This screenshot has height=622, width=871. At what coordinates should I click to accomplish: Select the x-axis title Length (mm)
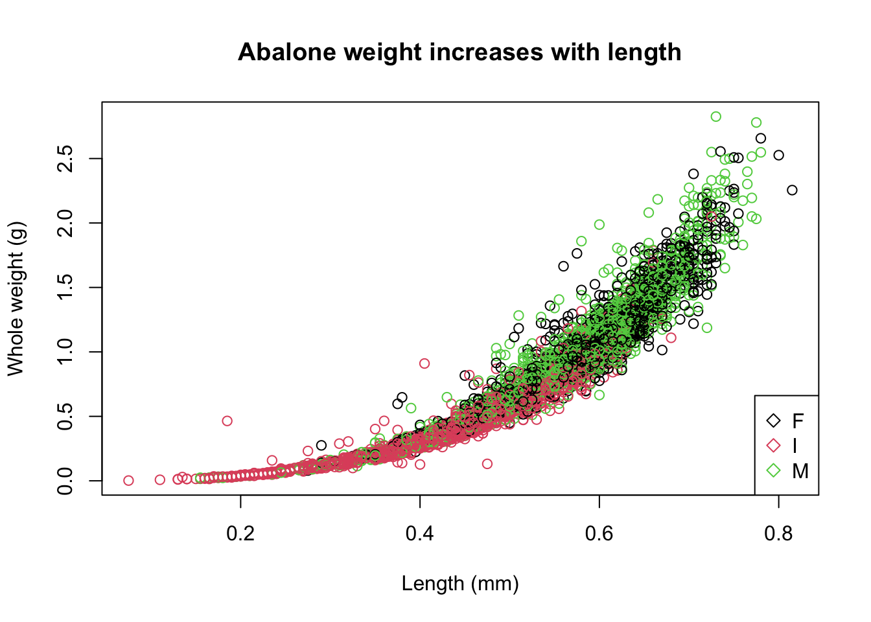coord(460,584)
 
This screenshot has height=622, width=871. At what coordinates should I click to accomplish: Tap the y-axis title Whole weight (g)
coord(16,298)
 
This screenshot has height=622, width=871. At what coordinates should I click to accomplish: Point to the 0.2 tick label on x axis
coord(240,533)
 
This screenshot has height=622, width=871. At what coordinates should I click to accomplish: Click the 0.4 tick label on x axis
coord(420,533)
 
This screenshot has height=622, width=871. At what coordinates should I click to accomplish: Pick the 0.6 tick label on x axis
coord(599,533)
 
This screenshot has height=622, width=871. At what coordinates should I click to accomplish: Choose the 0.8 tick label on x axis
coord(778,533)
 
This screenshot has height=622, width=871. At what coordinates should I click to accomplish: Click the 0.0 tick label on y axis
coord(65,481)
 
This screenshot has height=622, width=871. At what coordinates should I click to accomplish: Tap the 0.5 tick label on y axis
coord(65,417)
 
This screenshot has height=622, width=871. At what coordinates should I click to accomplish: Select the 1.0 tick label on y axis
coord(65,352)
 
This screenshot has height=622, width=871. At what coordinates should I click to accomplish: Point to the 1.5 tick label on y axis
coord(65,288)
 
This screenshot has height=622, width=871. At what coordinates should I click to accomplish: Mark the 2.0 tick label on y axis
coord(65,223)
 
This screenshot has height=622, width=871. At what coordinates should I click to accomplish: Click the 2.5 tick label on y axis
coord(65,159)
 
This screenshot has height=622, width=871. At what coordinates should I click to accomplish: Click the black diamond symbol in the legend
coord(773,420)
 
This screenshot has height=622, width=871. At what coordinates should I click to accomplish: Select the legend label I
coord(795,446)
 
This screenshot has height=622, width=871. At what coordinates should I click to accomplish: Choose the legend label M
coord(800,471)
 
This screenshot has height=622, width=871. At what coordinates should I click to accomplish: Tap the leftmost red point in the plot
coord(128,481)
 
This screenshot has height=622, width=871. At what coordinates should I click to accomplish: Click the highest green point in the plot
coord(715,117)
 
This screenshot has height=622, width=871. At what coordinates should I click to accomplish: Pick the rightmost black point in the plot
coord(792,190)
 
